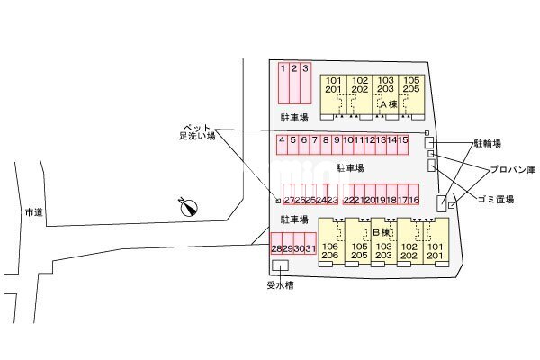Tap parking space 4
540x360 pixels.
[x=283, y=140]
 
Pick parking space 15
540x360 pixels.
[x=404, y=140]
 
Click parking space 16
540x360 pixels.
[x=415, y=200]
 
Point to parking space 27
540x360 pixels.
[x=289, y=200]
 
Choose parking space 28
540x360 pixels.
[x=276, y=247]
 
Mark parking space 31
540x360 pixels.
[x=310, y=247]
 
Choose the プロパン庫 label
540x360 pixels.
[x=512, y=169]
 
